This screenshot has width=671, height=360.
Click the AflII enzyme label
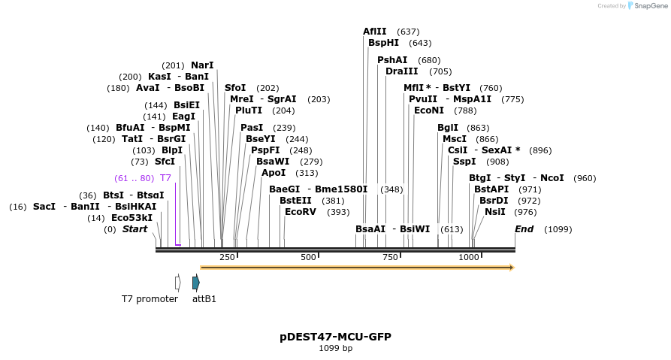tap(374, 32)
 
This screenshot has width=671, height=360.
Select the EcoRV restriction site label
tap(301, 212)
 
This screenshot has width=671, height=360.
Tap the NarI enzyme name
tap(202, 65)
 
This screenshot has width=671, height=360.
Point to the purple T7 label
tap(165, 178)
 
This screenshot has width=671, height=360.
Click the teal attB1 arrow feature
tap(196, 283)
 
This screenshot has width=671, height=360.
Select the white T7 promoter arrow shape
tap(178, 283)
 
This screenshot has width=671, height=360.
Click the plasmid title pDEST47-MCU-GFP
tap(335, 337)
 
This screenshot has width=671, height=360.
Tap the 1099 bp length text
tap(335, 348)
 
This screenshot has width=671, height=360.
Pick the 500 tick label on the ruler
tap(308, 257)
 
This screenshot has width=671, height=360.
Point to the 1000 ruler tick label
tap(469, 257)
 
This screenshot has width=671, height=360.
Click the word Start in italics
tap(135, 229)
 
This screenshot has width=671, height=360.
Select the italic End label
tap(524, 229)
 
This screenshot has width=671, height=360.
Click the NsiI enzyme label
tap(494, 212)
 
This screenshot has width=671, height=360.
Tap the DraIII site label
tap(401, 71)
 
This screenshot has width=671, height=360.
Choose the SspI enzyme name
tap(464, 162)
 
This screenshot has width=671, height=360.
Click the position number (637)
tap(408, 32)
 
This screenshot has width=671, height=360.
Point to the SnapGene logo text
tap(649, 6)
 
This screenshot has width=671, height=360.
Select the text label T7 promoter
tap(150, 299)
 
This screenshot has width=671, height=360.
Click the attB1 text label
tap(204, 299)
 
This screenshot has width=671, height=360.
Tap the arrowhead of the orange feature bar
tap(512, 267)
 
